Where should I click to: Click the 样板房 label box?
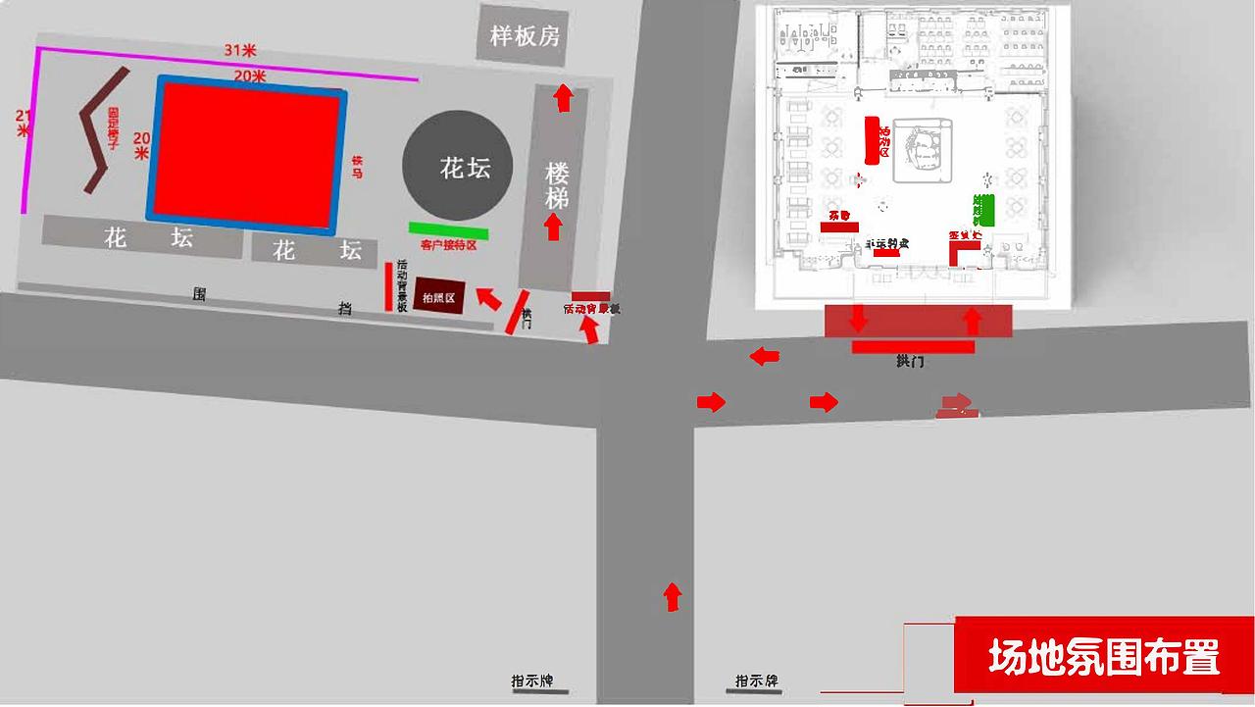pos(525,36)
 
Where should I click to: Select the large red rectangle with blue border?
pos(248,154)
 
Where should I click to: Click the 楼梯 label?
pos(557,185)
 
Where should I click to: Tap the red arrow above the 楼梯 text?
pos(563,98)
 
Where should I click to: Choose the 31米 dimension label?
pos(240,50)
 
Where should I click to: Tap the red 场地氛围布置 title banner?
pos(1103,655)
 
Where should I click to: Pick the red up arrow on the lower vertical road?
pos(673,596)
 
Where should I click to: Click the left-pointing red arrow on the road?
pos(765,356)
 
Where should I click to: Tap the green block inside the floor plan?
pos(983,210)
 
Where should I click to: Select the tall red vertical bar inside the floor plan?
pos(871,140)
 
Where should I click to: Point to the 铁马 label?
pos(357,167)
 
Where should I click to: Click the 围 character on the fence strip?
pos(200,293)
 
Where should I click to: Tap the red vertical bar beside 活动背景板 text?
pos(388,286)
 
